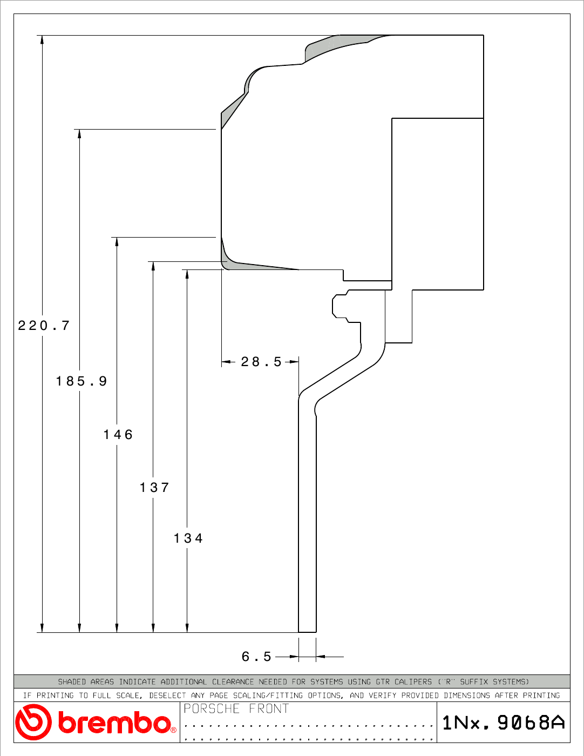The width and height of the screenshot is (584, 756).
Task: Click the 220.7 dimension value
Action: point(44,326)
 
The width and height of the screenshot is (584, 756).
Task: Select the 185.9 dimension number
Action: point(82,381)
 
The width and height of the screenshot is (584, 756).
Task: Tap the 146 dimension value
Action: point(118,435)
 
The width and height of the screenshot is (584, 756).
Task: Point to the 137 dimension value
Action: point(154,488)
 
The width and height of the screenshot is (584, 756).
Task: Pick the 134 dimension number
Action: point(188,538)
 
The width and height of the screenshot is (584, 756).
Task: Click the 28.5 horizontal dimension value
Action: point(261,362)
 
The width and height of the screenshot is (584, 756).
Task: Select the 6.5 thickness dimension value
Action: point(256,657)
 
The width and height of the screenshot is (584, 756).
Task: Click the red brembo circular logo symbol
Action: point(33,722)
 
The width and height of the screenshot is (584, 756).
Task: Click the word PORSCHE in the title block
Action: point(212,708)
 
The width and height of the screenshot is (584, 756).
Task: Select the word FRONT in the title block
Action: point(269,708)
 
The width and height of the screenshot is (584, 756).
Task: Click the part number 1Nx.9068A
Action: point(504,723)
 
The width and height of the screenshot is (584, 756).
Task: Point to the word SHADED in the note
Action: point(72,681)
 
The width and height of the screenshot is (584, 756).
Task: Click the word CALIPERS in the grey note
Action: point(413,681)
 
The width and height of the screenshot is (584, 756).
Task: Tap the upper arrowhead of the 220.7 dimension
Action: point(42,39)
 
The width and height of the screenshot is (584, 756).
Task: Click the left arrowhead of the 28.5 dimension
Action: point(226,362)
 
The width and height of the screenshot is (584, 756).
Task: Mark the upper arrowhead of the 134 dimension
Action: point(187,274)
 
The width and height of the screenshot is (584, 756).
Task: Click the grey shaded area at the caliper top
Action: point(342,44)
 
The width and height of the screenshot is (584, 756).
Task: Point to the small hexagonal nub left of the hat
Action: point(339,306)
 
